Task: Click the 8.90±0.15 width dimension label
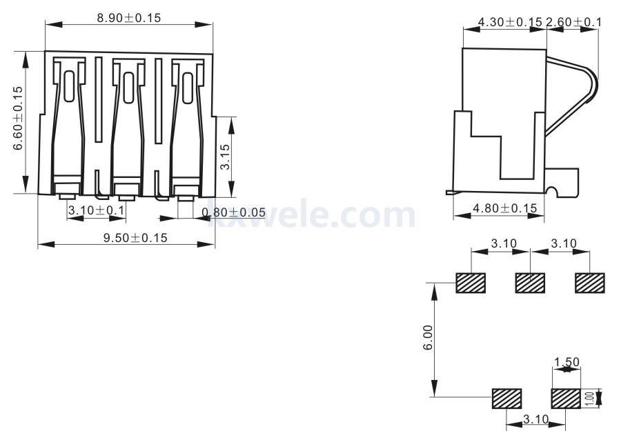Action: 128,18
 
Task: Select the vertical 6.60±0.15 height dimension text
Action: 19,118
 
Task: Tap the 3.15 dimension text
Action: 226,157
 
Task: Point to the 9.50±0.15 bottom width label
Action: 135,238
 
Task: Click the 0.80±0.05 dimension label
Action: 233,212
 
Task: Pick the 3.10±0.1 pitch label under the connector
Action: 97,210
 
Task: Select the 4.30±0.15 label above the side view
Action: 510,22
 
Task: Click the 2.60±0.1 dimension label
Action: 573,22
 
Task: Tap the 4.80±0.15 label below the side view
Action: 504,208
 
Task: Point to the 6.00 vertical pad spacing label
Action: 429,337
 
